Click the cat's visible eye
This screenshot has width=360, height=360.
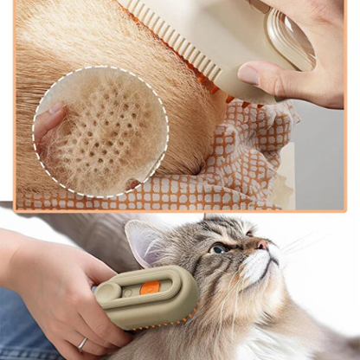219,249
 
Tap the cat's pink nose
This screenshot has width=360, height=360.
263,245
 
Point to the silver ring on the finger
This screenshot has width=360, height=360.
81,344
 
